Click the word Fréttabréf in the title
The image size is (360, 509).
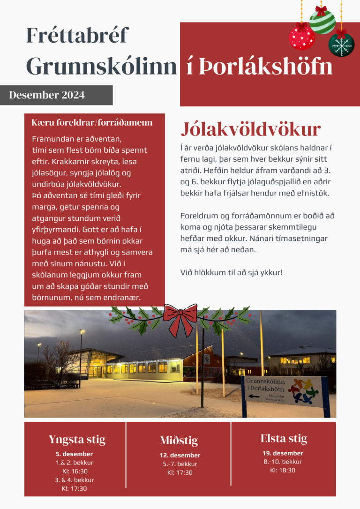pyautogui.click(x=77, y=36)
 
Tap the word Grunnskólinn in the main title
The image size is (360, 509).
pyautogui.click(x=101, y=67)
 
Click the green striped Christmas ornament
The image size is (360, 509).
pyautogui.click(x=322, y=21)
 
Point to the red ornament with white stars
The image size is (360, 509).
pyautogui.click(x=302, y=37)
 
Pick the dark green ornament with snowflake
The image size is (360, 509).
pyautogui.click(x=341, y=45)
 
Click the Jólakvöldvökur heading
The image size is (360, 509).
pyautogui.click(x=251, y=129)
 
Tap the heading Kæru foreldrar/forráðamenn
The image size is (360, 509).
pyautogui.click(x=92, y=123)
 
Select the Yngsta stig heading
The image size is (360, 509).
pyautogui.click(x=77, y=440)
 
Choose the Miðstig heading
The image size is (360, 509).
pyautogui.click(x=179, y=441)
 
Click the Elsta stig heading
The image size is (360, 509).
pyautogui.click(x=284, y=439)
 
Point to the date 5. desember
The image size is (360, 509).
pyautogui.click(x=74, y=454)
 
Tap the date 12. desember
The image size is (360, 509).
pyautogui.click(x=180, y=455)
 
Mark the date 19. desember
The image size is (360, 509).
pyautogui.click(x=283, y=453)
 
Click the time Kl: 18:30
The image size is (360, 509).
pyautogui.click(x=283, y=470)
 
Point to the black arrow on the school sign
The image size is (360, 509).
pyautogui.click(x=254, y=396)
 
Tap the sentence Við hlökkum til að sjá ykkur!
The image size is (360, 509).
pyautogui.click(x=231, y=272)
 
